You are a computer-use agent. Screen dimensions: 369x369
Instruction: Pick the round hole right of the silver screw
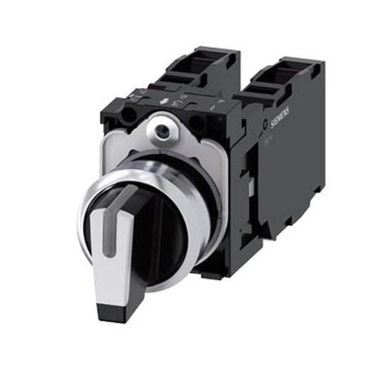tap(197, 122)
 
